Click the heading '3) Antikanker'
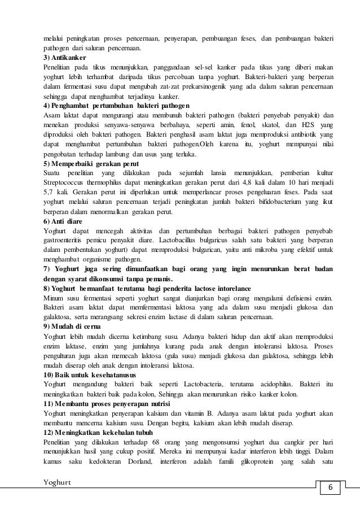pyautogui.click(x=64, y=58)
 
